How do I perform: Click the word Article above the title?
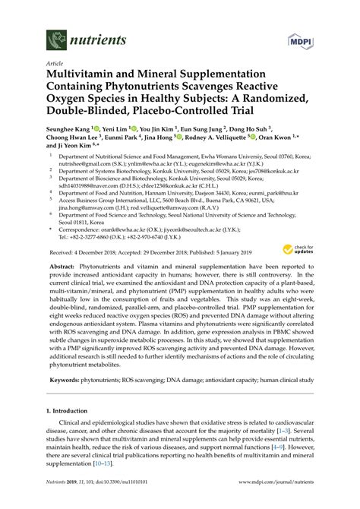pos(55,64)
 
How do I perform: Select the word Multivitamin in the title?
pos(84,76)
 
